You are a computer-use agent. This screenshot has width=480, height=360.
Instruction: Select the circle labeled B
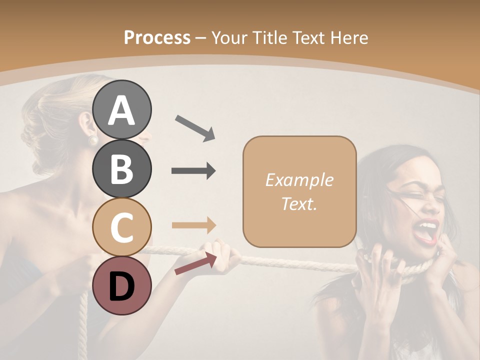point(122,168)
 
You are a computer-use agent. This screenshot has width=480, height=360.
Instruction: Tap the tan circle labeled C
point(122,227)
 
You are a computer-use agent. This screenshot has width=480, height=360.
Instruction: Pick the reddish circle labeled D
point(122,285)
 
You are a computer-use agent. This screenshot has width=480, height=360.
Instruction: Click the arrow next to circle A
point(194,127)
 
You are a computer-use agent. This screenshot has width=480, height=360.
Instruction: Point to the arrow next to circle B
point(193,171)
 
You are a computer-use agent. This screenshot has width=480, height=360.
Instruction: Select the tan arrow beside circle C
point(193,225)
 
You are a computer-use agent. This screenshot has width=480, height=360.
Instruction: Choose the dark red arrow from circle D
point(195,263)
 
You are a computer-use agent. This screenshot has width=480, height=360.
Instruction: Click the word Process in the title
point(157,37)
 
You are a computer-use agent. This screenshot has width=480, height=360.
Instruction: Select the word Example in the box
point(299,180)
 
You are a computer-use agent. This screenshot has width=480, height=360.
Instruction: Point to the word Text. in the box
point(299,203)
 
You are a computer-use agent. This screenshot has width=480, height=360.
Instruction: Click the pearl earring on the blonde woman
point(92,140)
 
